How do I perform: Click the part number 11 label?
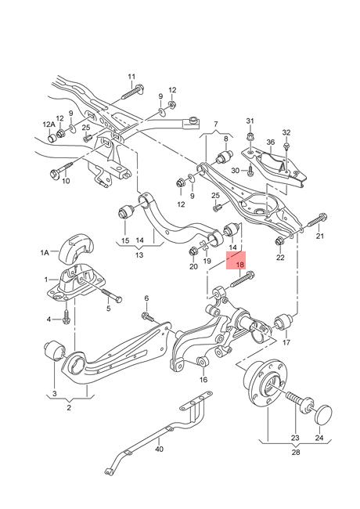pos(131,77)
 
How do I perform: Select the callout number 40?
pos(159,449)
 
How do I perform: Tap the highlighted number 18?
pos(240,265)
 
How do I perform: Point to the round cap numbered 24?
pos(323,414)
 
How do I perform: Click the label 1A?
pos(45,252)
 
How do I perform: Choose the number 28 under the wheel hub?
pos(296,452)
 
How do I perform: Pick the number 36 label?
pos(271,143)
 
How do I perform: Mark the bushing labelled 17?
pos(284,321)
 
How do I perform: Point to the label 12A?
pos(49,125)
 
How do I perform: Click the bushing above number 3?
pos(55,351)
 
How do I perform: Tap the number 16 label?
pos(203,380)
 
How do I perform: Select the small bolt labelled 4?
pos(67,316)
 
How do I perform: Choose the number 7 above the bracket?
pos(216,124)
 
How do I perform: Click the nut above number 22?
pos(279,241)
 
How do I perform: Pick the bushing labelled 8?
pos(225,156)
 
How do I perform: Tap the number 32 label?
pos(286,132)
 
